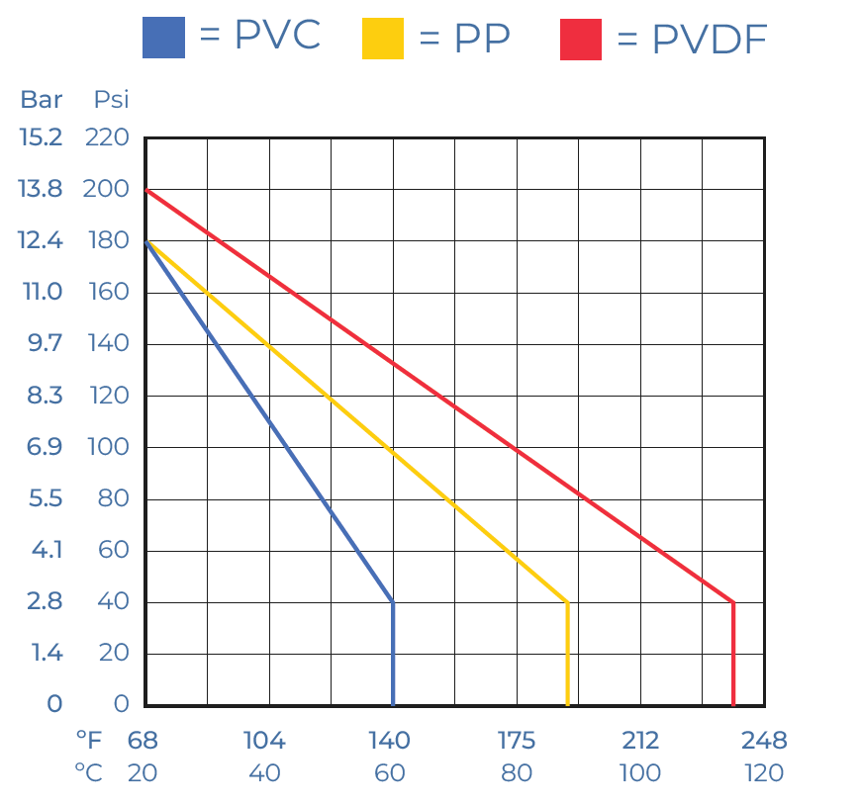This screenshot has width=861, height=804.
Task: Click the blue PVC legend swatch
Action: tap(163, 38)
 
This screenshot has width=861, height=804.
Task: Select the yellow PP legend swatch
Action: tap(383, 38)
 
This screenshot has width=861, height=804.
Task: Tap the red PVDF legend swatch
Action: tap(581, 38)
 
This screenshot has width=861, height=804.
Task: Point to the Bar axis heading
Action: tap(42, 99)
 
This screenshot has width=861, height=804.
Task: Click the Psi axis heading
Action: tap(111, 99)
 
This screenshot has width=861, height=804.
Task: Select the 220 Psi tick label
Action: tap(107, 137)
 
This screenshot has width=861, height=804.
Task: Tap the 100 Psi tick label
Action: tap(107, 447)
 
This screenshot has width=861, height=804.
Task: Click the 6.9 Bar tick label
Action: tap(45, 447)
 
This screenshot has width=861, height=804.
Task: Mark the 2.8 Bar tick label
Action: tap(45, 601)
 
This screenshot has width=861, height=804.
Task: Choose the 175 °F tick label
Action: tap(517, 741)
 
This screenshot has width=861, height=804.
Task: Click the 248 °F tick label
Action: tap(764, 741)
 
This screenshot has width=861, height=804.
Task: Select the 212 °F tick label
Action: tap(640, 741)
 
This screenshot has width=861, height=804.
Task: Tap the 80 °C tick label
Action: tap(517, 773)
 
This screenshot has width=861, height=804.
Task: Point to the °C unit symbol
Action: tap(88, 773)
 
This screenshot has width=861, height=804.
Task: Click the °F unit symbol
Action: tap(88, 741)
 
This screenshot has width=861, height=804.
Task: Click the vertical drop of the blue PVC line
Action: tap(393, 653)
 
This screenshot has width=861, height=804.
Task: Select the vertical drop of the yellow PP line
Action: tap(567, 653)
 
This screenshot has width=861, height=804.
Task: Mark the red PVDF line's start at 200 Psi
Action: tap(146, 189)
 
